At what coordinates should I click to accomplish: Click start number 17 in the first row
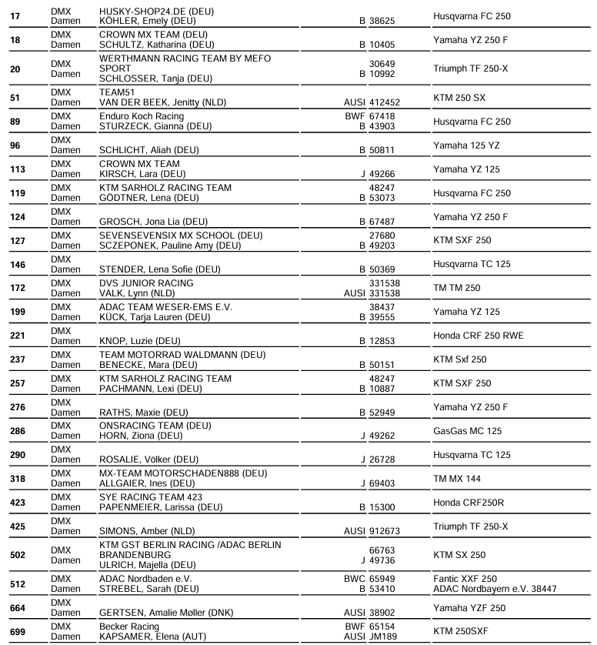[15, 16]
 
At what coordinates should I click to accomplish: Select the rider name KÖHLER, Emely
[146, 21]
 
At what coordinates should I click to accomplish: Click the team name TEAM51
[118, 92]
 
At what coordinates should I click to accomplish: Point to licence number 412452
[385, 102]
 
